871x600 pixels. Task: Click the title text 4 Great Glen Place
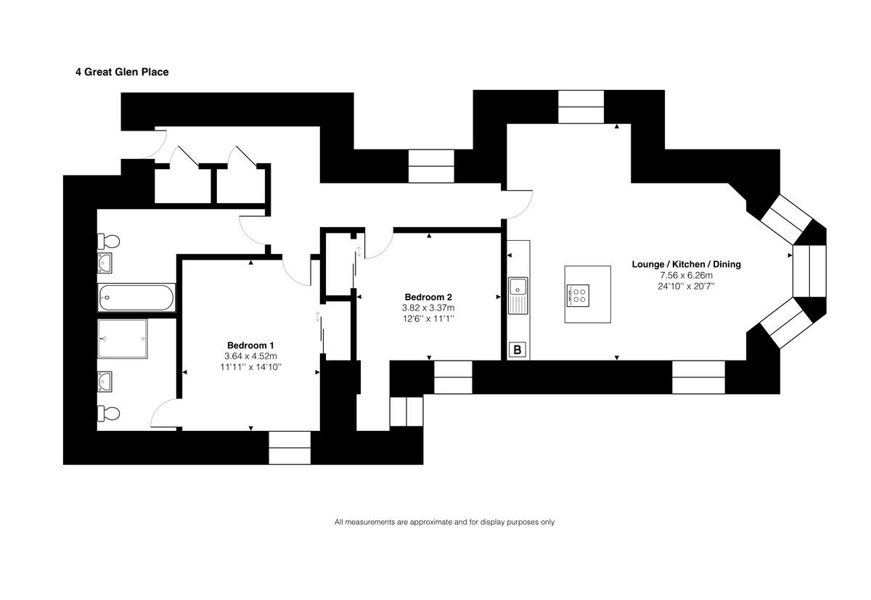(122, 72)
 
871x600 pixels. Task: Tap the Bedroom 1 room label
(250, 345)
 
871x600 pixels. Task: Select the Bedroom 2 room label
(428, 297)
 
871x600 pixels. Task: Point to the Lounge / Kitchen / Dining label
(686, 264)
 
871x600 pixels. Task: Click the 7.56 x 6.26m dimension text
(686, 276)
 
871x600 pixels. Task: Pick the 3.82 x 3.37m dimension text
(428, 308)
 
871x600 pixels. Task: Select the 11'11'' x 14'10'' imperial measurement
(250, 368)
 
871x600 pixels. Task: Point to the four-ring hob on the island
(578, 294)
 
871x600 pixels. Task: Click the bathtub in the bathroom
(136, 297)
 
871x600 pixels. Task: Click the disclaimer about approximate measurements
(444, 522)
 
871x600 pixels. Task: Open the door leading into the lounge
(518, 203)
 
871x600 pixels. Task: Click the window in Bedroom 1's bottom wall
(290, 448)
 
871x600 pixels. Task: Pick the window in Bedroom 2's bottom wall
(453, 377)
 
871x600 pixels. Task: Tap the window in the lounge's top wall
(581, 107)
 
